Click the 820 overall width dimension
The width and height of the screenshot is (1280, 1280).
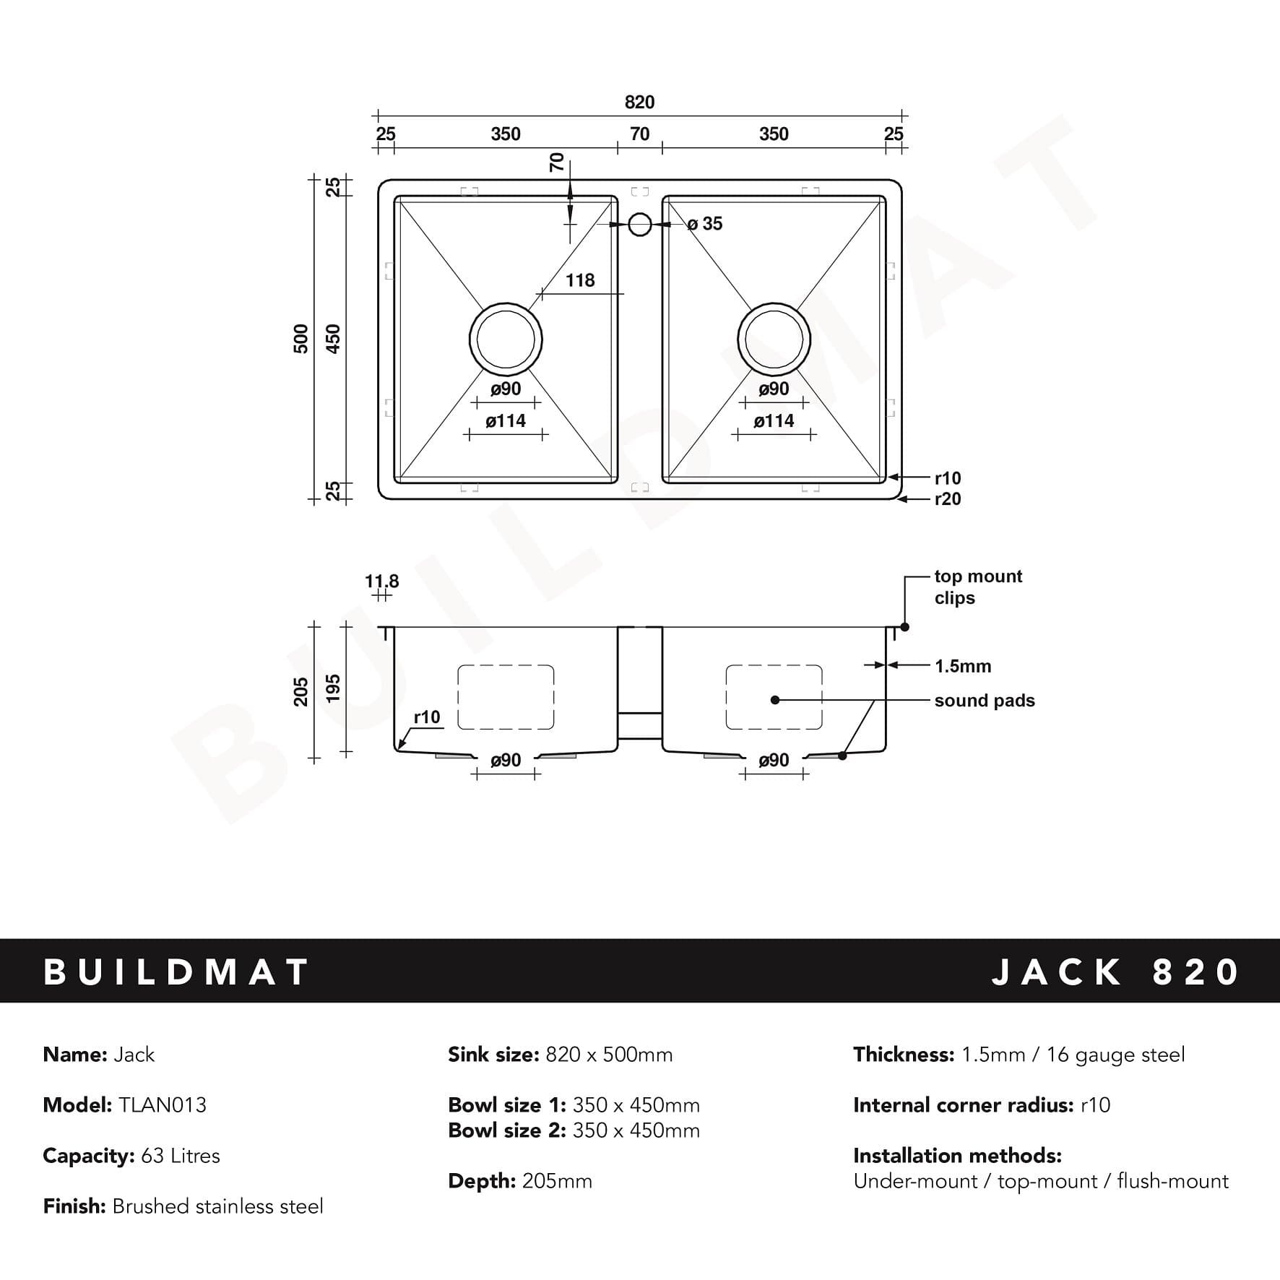[x=639, y=103]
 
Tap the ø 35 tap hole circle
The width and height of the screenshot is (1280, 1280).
[x=640, y=225]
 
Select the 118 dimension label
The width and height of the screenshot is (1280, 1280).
[x=580, y=280]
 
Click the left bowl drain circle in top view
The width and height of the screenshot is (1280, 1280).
[x=506, y=340]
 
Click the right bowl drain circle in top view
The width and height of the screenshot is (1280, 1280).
[x=774, y=340]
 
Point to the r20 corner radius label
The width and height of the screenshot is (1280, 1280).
[x=948, y=499]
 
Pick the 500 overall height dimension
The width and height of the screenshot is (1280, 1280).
[x=301, y=339]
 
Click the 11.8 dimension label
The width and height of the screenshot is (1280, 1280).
[x=381, y=581]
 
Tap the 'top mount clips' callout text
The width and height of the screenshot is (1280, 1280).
[x=978, y=587]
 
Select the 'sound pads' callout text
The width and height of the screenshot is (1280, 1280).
[x=984, y=701]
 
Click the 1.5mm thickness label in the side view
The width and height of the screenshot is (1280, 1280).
[x=963, y=666]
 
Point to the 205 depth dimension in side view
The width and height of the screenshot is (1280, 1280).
[x=301, y=692]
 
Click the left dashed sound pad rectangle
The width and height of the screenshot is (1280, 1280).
[x=506, y=697]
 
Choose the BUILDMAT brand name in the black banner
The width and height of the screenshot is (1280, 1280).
[x=177, y=972]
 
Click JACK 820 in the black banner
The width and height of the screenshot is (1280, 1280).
[x=1115, y=972]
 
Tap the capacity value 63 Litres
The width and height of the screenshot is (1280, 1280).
[x=181, y=1156]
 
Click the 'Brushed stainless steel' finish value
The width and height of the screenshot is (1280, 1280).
[x=218, y=1206]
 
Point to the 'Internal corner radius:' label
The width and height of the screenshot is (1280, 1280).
[x=963, y=1105]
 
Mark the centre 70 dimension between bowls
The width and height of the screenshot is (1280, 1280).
[x=639, y=134]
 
